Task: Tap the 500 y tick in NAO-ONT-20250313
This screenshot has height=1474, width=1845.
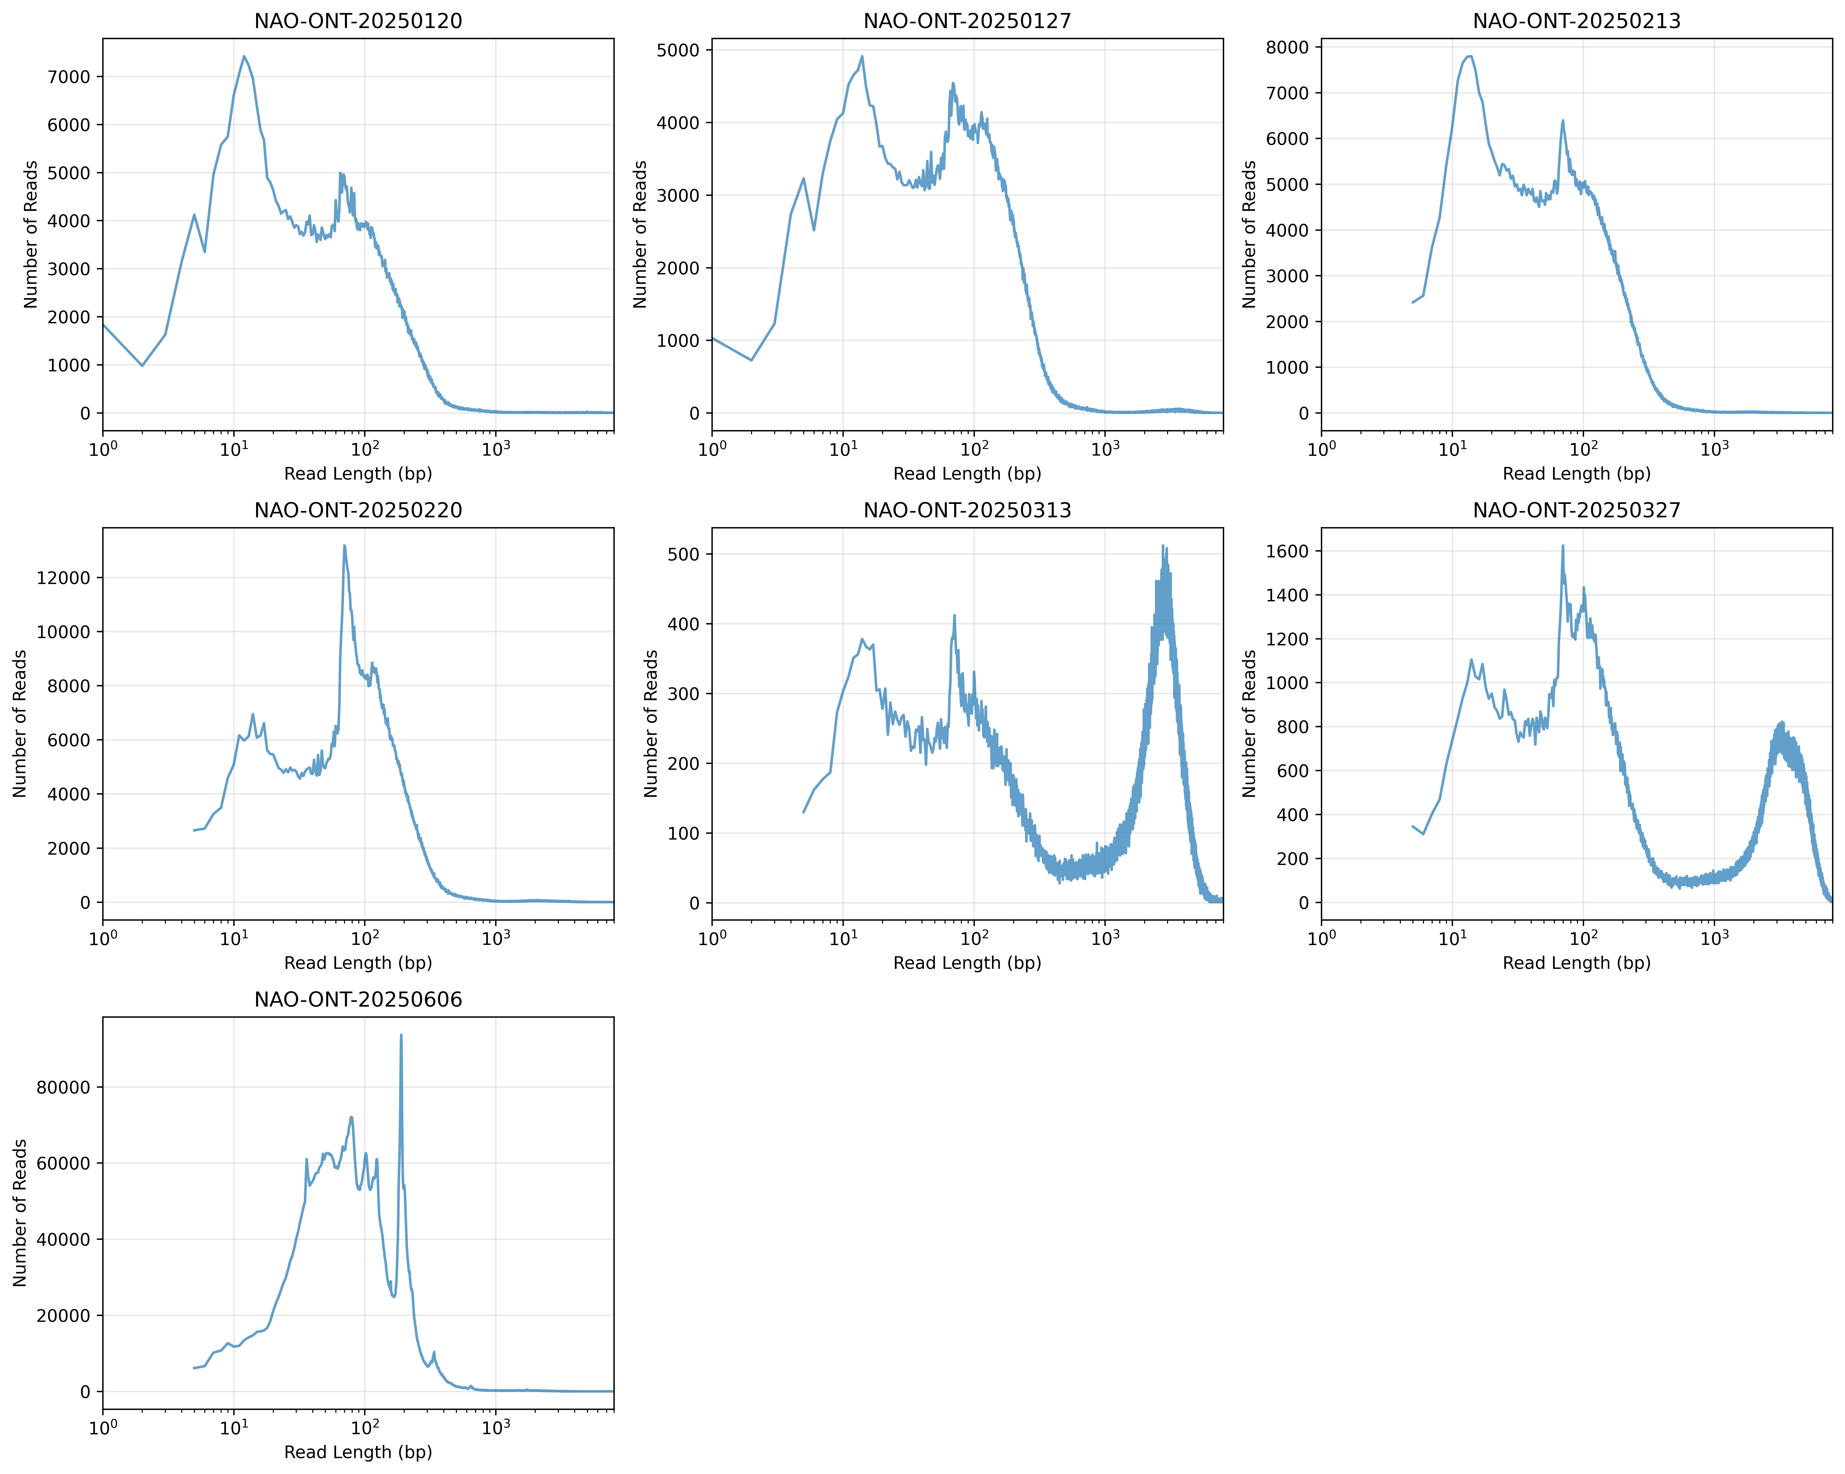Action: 684,554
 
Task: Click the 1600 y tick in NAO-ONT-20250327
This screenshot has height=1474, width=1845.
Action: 1287,551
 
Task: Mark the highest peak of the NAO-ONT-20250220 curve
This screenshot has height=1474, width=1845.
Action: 344,546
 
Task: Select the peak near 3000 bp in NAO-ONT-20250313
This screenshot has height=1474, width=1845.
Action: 1163,546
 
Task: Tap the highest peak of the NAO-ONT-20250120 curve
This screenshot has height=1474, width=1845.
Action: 244,57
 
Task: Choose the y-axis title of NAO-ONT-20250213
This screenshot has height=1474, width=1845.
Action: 1249,234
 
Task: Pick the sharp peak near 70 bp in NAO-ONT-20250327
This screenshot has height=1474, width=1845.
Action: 1563,546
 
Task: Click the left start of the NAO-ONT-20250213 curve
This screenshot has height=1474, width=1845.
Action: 1413,302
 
